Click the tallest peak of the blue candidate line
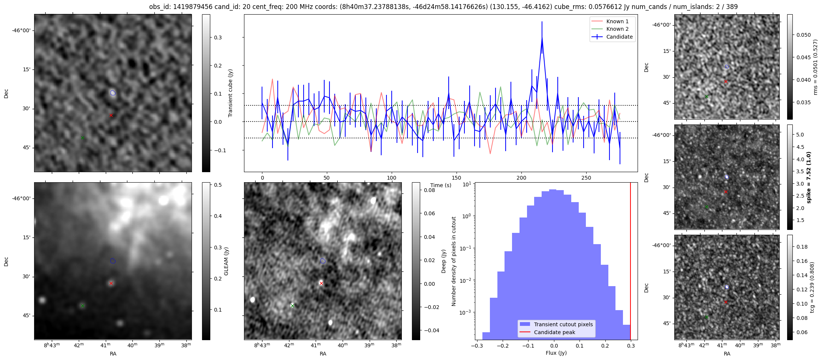[542, 37]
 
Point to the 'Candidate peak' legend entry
[554, 332]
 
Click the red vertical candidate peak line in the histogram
[630, 262]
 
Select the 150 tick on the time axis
[456, 178]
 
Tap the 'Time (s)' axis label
[441, 185]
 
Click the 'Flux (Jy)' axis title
[556, 353]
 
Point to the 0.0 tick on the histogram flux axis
[554, 346]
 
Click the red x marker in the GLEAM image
[111, 283]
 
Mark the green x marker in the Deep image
[292, 306]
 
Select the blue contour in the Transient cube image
[113, 93]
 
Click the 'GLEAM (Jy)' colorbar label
[226, 261]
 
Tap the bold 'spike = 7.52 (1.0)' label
[809, 177]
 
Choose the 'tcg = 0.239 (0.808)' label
[812, 287]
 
